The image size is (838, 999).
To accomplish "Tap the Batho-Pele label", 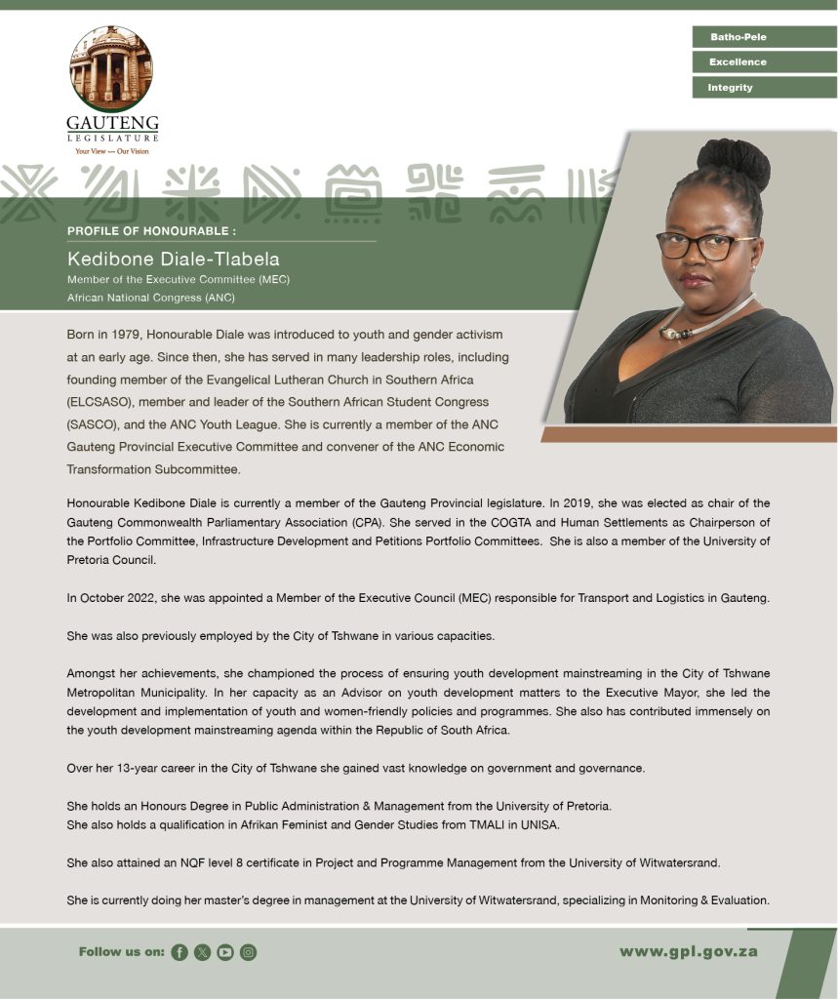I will [x=738, y=37].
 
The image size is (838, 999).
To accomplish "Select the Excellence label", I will [x=738, y=62].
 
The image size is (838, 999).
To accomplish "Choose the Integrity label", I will [x=731, y=88].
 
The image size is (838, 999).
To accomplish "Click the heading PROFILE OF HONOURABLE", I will [x=151, y=231].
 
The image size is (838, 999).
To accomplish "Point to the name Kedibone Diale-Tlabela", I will [x=173, y=260].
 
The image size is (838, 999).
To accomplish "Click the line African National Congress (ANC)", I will [x=150, y=297].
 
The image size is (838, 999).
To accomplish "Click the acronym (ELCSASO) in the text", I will [x=101, y=402].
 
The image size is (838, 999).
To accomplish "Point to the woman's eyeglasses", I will [x=705, y=245].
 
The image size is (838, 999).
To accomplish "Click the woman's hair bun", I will [x=734, y=163].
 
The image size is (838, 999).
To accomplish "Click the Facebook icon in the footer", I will [x=180, y=952].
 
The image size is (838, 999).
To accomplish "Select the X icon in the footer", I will [x=202, y=952].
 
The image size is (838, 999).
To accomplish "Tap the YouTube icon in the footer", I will [x=225, y=952].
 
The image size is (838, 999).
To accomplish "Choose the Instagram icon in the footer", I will [x=248, y=952].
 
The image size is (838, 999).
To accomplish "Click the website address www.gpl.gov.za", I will [x=688, y=951].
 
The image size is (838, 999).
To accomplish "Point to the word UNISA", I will [x=566, y=825].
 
